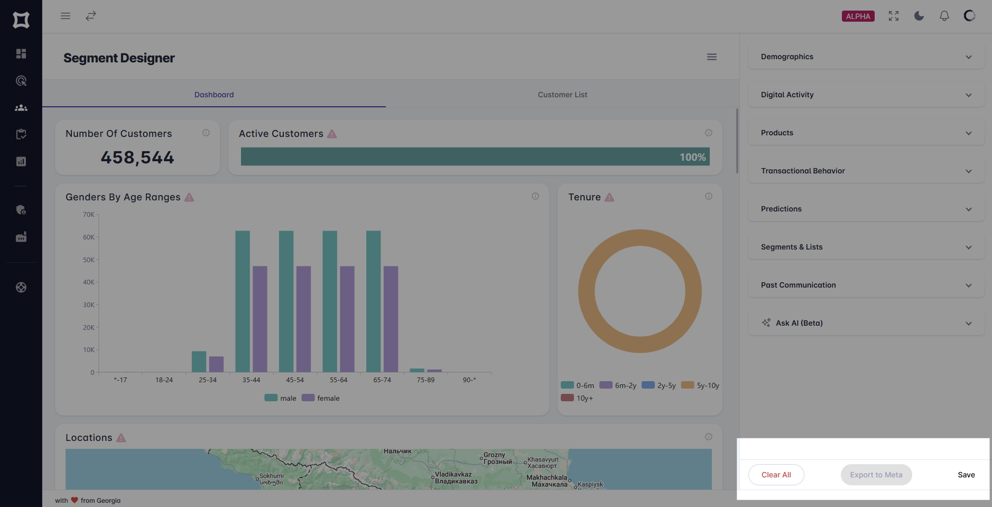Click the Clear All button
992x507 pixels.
776,475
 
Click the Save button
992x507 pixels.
966,475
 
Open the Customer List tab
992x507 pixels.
562,95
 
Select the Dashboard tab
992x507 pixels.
214,95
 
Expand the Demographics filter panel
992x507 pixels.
866,57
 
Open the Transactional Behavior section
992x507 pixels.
866,171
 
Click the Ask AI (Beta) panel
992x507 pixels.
866,323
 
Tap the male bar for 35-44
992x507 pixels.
243,301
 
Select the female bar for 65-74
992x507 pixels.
391,319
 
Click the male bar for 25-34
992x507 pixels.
199,362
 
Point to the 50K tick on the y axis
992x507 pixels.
89,260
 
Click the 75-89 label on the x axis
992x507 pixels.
425,380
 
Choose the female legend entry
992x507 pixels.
321,398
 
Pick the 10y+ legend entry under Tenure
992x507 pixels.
577,398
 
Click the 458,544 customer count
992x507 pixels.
137,158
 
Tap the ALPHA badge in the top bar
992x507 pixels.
858,16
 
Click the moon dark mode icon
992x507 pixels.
919,16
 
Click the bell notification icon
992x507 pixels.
944,16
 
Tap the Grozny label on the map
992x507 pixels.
494,455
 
